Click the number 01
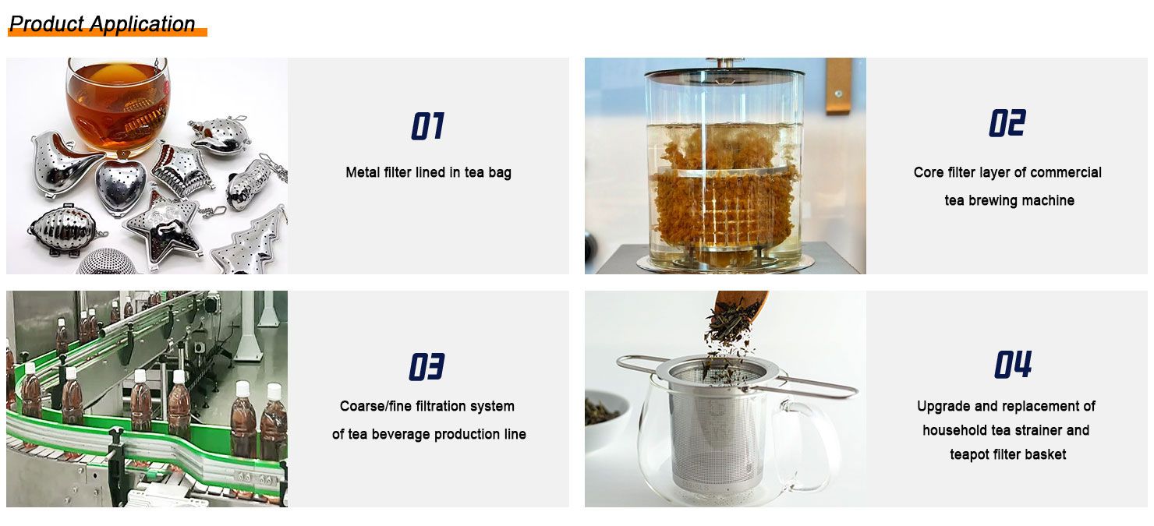(427, 126)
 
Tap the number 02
(1007, 123)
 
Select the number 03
(427, 366)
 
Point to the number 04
(1013, 365)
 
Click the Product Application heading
(102, 23)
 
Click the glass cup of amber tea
(118, 105)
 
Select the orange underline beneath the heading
(107, 33)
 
